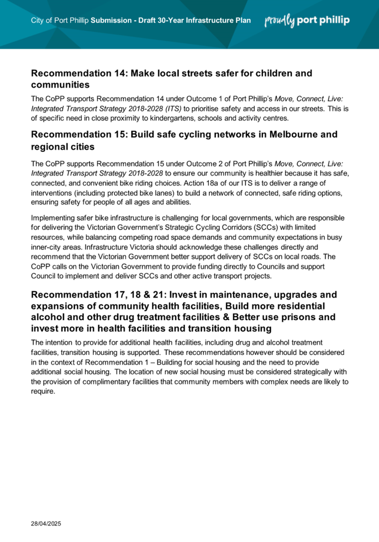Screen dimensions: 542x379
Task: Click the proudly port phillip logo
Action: tap(307, 20)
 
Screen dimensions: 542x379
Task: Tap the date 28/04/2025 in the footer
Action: tap(46, 524)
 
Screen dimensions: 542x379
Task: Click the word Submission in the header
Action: tap(111, 21)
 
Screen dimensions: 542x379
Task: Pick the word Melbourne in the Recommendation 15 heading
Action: tap(294, 135)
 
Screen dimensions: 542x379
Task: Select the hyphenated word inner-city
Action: tap(46, 247)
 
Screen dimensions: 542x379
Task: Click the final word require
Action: tap(42, 392)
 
